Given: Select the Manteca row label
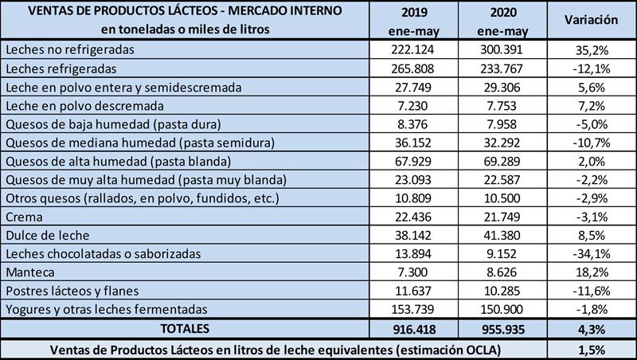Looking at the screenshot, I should [29, 272].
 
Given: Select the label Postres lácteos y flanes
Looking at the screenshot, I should [65, 291].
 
